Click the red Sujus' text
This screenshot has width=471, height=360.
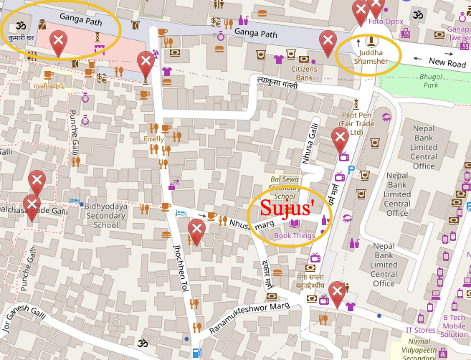287,208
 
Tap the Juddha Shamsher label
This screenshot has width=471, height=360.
371,57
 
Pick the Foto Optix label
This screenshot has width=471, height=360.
385,22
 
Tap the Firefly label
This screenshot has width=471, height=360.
153,138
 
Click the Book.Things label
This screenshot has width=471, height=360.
294,235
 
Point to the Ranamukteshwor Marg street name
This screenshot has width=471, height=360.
249,317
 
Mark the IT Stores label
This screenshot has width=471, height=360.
421,330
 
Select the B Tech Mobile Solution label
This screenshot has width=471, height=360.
453,326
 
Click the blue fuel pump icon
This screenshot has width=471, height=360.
196,353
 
